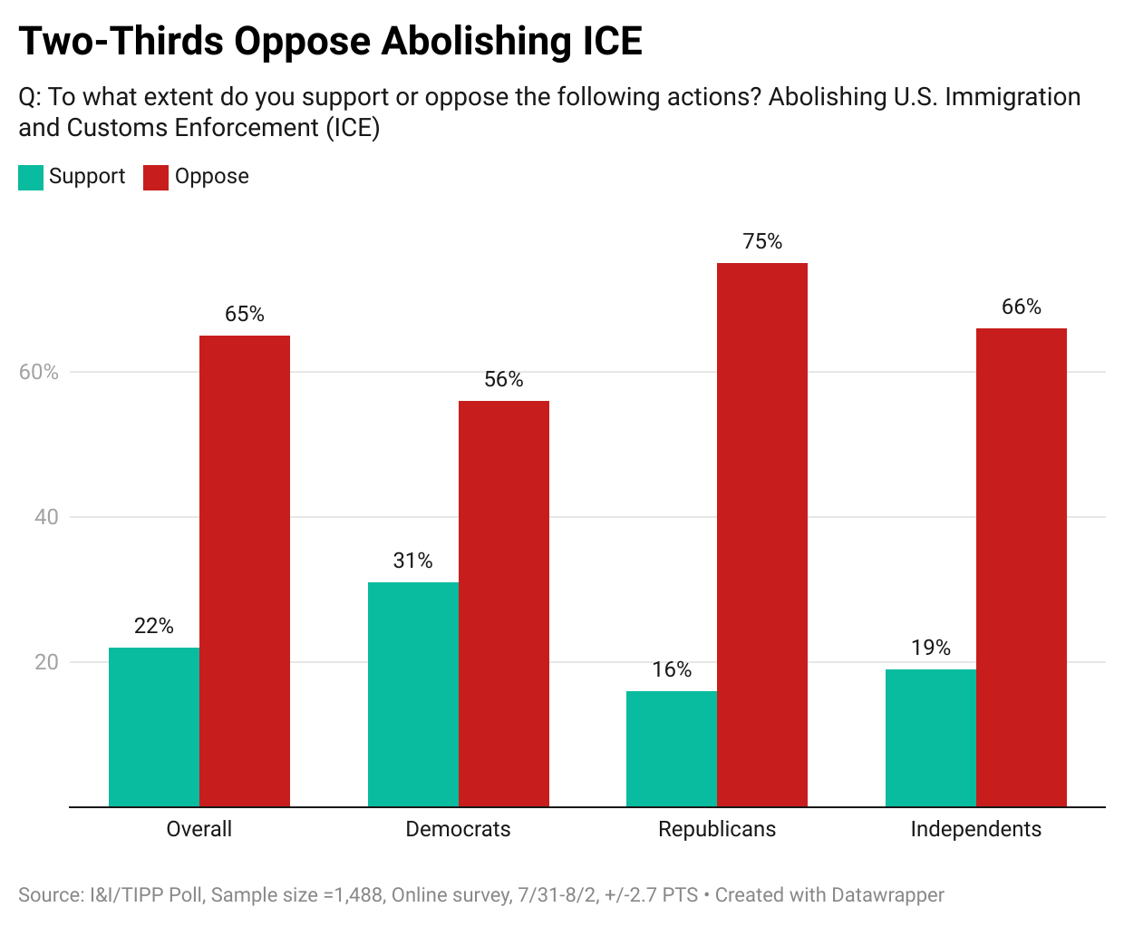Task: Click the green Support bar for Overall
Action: pos(154,727)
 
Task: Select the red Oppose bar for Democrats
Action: pos(504,603)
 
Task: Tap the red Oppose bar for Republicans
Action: pos(762,534)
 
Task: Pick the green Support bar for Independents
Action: pos(931,737)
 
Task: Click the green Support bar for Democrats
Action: pos(413,694)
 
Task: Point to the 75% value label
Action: pos(762,241)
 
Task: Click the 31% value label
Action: pos(413,561)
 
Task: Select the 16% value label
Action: pos(672,669)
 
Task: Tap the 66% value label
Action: pos(1022,307)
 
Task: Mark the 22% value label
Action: pos(154,626)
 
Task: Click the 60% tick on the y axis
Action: pos(39,372)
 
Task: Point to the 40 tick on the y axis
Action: pos(46,517)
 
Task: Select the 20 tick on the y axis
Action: pos(46,662)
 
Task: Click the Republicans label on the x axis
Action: pos(717,829)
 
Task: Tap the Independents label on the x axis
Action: pos(976,829)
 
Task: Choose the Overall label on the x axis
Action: pos(199,829)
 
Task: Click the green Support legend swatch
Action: pos(31,177)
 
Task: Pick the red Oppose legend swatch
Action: pos(156,177)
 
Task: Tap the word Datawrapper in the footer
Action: pos(887,895)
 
